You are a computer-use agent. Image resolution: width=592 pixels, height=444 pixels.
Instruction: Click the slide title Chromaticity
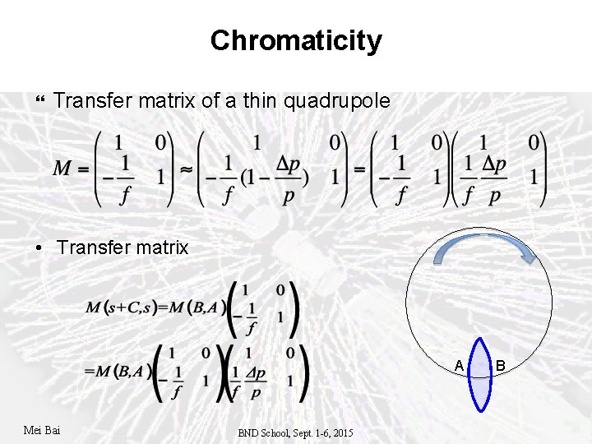pos(296,40)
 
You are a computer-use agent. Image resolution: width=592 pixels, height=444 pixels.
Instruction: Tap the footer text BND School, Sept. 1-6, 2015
pos(296,432)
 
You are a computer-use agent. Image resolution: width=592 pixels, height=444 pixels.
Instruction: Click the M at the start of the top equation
pos(62,169)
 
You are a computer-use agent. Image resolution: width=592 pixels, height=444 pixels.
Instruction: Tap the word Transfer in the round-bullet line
pos(90,247)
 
